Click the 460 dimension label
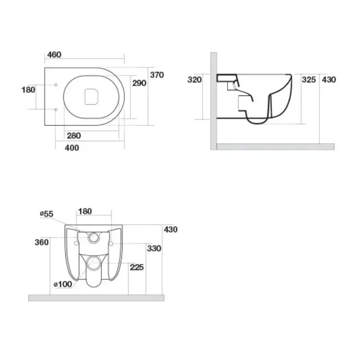54,54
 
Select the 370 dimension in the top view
157,75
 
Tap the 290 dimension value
139,83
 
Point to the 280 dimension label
74,136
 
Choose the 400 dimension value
72,148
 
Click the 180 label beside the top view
28,90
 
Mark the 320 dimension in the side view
194,80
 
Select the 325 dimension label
309,80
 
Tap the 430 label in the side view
329,80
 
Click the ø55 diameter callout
47,214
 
